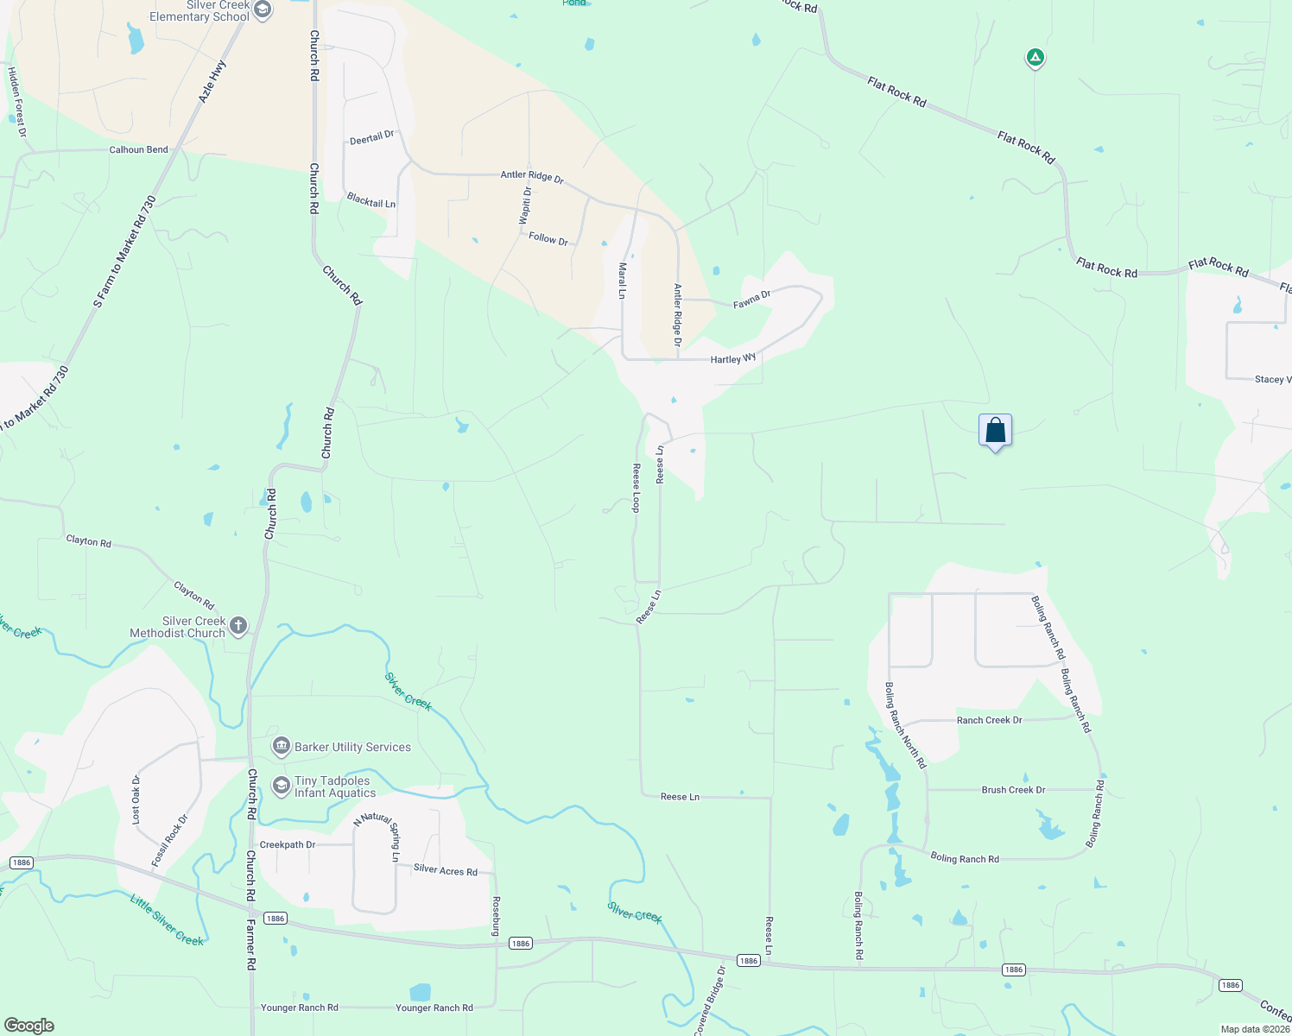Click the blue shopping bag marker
tap(995, 430)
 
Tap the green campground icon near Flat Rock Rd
tap(1035, 58)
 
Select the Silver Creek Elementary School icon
tap(263, 10)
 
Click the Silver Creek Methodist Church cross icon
tap(238, 626)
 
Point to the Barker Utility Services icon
tap(281, 746)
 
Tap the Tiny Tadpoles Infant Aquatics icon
tap(281, 786)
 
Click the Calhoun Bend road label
tap(138, 149)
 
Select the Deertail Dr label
tap(372, 137)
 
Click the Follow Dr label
tap(548, 238)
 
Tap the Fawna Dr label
tap(751, 300)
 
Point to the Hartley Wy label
tap(733, 358)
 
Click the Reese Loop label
tap(636, 488)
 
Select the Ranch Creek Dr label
tap(989, 720)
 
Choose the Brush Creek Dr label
tap(1013, 790)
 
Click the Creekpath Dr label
tap(288, 844)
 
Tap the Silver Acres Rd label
tap(446, 870)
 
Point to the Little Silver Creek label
tap(167, 920)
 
